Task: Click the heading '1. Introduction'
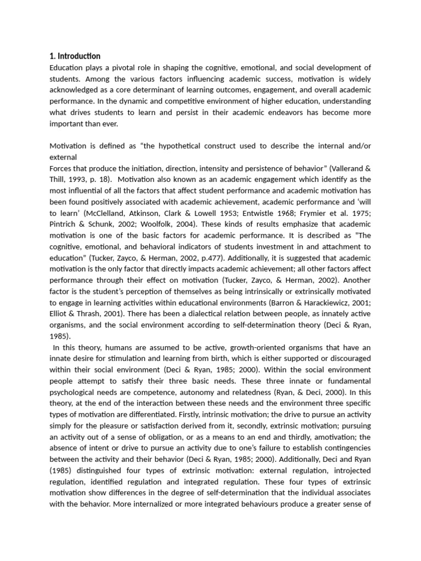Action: pos(75,56)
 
